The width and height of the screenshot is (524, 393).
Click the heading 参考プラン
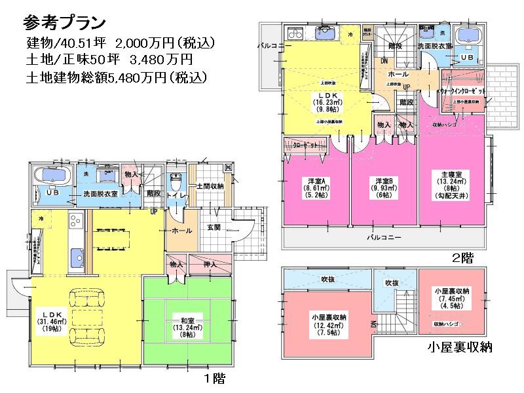pos(64,22)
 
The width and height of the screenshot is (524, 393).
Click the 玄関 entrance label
pos(215,227)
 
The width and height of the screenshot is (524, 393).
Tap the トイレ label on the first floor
pos(176,193)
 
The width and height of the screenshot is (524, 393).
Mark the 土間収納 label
pos(210,187)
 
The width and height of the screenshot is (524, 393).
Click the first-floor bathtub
pos(52,176)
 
